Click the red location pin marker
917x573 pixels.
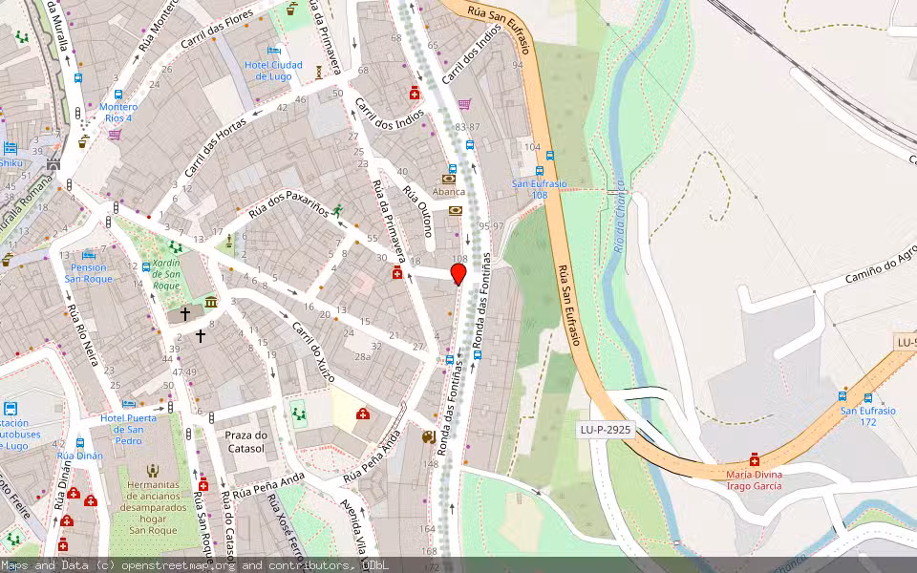pos(458,274)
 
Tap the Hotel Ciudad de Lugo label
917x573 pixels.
pos(273,70)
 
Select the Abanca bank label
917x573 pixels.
pos(449,191)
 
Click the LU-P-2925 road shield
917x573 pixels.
pos(606,430)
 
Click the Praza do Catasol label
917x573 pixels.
pos(245,441)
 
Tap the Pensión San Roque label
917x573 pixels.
pos(89,273)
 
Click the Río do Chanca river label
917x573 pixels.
pos(619,215)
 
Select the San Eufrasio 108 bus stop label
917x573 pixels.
pos(540,189)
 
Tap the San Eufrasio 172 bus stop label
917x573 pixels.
pos(867,416)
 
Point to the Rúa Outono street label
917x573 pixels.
pos(418,210)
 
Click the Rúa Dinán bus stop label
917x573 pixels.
pos(79,456)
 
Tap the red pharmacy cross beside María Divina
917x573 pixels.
pos(755,458)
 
